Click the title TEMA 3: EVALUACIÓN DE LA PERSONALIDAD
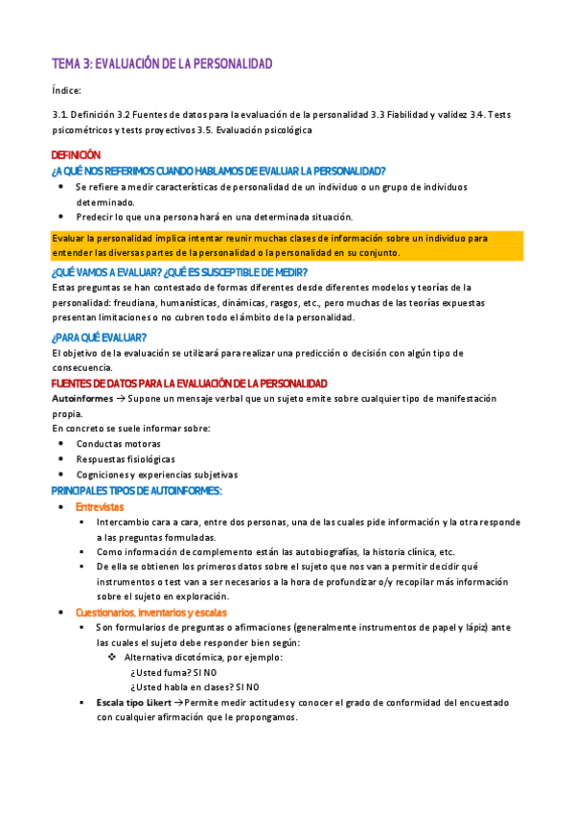pyautogui.click(x=162, y=63)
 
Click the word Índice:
pyautogui.click(x=67, y=90)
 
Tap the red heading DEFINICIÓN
pyautogui.click(x=75, y=154)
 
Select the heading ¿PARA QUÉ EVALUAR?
pyautogui.click(x=98, y=337)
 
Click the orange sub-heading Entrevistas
pyautogui.click(x=100, y=506)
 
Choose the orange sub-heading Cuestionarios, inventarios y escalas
pyautogui.click(x=151, y=613)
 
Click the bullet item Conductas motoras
pyautogui.click(x=118, y=444)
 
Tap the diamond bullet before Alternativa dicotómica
pyautogui.click(x=112, y=658)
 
